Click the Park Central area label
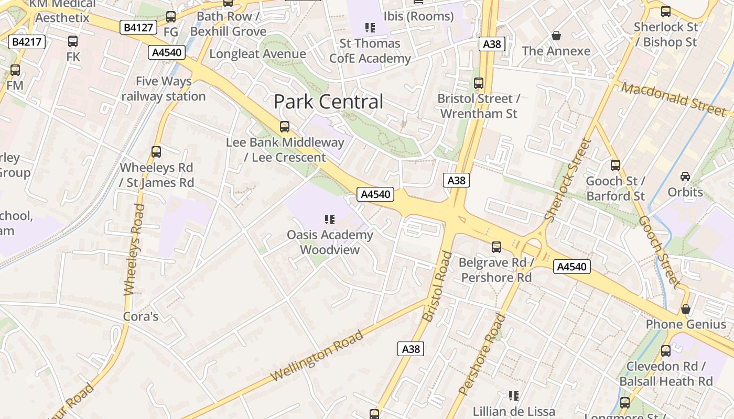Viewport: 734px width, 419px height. point(329,102)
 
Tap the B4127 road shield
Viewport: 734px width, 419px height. point(138,27)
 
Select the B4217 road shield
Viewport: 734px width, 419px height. point(27,42)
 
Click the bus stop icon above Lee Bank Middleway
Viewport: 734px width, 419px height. point(285,126)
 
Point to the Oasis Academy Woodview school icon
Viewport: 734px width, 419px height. point(330,219)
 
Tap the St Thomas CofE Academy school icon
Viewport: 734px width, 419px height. point(370,27)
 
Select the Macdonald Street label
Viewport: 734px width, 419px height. point(674,98)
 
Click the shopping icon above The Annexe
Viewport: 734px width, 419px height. point(556,36)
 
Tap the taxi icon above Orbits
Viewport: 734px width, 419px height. point(685,176)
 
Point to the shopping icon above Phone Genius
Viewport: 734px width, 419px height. point(685,309)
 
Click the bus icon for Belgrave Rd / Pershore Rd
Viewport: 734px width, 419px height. point(496,247)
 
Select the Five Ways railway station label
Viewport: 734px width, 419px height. point(164,89)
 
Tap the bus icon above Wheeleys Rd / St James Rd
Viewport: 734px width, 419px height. point(156,152)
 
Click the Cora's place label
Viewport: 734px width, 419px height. point(141,316)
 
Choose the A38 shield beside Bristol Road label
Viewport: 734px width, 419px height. point(411,349)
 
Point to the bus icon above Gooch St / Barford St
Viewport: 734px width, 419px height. point(615,166)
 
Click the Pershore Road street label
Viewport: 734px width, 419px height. point(482,354)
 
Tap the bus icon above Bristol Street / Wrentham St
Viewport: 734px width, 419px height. point(478,83)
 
